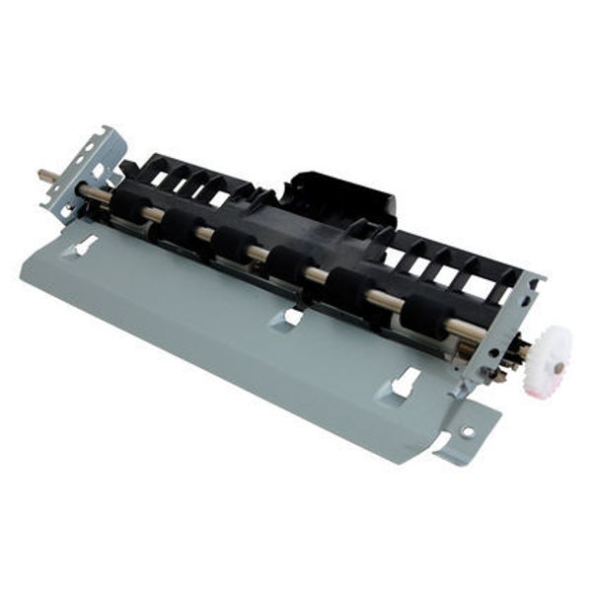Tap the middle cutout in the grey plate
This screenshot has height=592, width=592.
click(292, 316)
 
